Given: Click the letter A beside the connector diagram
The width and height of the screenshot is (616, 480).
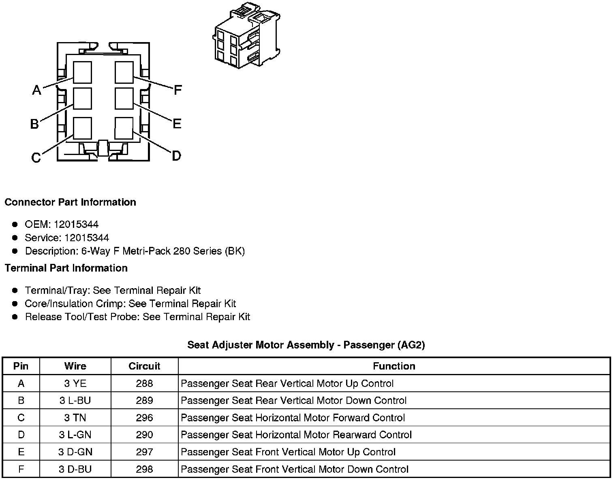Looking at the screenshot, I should coord(36,90).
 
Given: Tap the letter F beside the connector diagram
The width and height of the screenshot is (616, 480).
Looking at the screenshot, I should coord(178,90).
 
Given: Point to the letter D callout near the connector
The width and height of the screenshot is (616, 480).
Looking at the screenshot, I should coord(176,156).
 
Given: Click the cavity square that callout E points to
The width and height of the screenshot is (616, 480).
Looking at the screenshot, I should coord(124,98).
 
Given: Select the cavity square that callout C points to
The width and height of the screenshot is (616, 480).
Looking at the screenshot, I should coord(82,128).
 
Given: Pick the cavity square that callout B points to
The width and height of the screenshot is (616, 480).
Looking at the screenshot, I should coord(82,98).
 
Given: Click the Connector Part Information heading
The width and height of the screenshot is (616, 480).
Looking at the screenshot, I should coord(70,202).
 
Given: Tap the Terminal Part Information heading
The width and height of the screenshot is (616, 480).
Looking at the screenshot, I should coord(66,268).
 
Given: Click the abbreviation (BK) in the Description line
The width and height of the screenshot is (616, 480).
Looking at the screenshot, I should coord(235,251).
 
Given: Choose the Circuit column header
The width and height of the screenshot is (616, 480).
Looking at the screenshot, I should coord(144,366).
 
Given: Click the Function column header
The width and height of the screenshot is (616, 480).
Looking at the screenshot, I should coord(394,366).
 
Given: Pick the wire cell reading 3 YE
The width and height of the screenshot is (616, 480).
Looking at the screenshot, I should coord(75,383).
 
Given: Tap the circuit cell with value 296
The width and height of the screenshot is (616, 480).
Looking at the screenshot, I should coord(144,418).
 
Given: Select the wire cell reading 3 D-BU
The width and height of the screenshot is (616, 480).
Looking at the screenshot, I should coord(75,469).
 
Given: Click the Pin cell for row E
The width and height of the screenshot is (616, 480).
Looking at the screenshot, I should coord(21,452).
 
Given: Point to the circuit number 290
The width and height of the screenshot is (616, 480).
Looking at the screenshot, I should coord(144,435).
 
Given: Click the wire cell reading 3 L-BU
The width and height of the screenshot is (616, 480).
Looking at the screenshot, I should coord(75,400).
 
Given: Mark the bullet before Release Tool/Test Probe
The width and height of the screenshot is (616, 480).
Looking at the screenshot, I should coord(15,316).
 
